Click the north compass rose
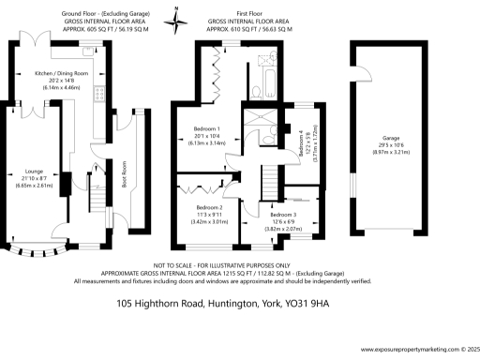(x=175, y=19)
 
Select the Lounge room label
(x=36, y=172)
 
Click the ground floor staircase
(x=97, y=211)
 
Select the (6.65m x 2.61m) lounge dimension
(x=36, y=185)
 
